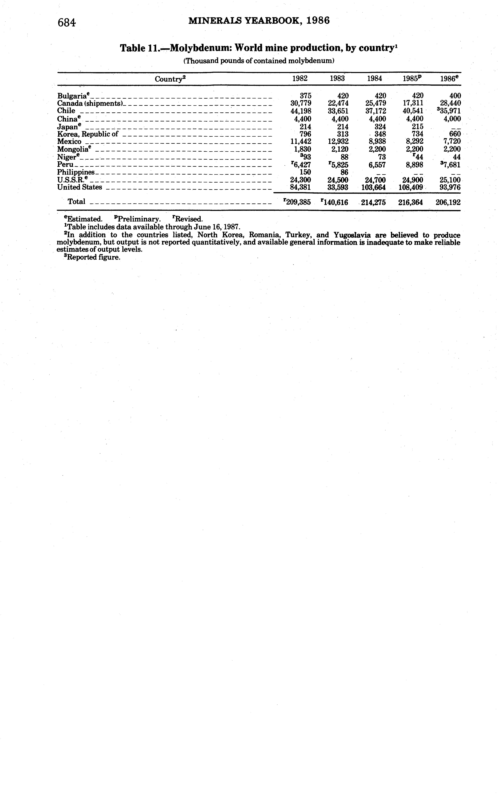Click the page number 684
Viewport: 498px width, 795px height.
coord(67,22)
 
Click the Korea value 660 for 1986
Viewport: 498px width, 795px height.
coord(455,134)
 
